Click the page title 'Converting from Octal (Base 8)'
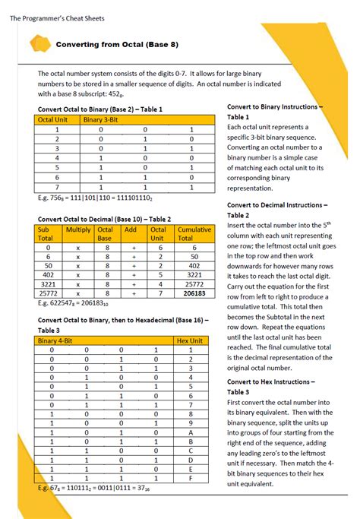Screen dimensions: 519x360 117,44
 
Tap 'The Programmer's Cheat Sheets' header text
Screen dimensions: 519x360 57,18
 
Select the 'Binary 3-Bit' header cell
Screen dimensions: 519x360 104,119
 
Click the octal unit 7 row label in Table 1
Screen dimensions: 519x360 57,186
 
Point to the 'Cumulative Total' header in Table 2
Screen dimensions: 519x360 194,233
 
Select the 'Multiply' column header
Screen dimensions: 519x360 78,229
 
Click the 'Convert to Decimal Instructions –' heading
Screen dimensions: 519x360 277,205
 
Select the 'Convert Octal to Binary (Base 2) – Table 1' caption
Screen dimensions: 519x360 100,109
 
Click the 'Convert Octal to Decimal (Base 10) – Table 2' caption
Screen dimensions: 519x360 104,219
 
